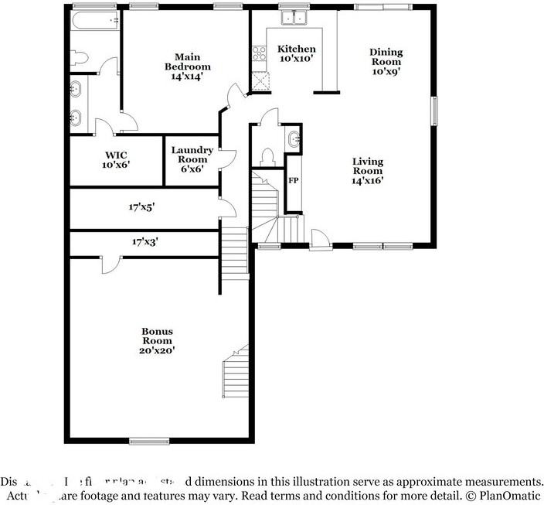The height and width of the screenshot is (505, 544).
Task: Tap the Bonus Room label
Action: tap(157, 340)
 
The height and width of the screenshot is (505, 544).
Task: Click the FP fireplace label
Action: tap(294, 180)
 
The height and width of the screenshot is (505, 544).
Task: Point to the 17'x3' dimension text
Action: tap(144, 241)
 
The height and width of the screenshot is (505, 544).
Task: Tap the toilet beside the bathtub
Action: tap(79, 57)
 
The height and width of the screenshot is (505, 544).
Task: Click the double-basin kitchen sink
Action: tap(294, 19)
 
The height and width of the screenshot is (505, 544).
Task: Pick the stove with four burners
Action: tap(258, 53)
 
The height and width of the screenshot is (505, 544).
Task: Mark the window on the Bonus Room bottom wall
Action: tap(144, 441)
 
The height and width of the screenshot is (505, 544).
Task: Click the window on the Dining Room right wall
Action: tap(434, 110)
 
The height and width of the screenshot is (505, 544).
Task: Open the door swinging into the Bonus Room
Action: tap(109, 263)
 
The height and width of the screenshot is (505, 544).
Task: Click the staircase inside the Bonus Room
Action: tap(235, 371)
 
